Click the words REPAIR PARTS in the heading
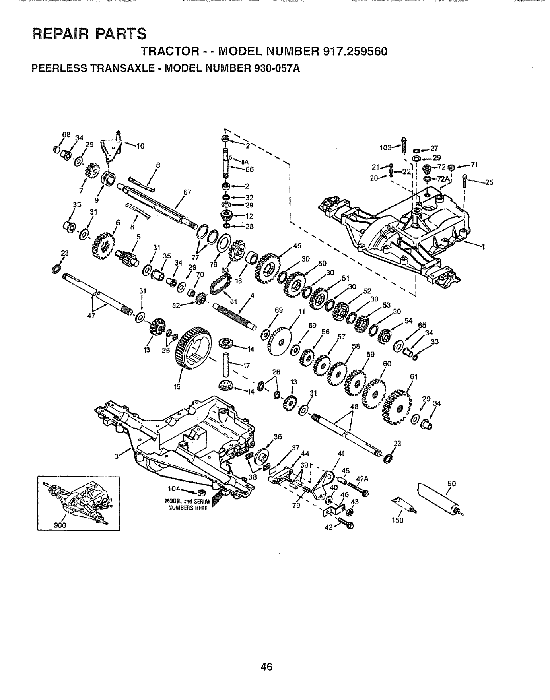89,33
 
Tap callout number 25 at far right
489,183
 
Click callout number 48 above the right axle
355,407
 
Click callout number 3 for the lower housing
116,457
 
